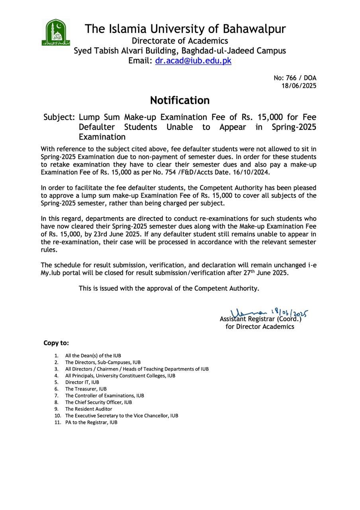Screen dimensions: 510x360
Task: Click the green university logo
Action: [x=56, y=32]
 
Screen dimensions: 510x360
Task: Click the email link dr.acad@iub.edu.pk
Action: [x=193, y=61]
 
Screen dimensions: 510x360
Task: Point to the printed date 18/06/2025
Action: [x=299, y=86]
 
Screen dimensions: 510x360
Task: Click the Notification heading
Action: [x=180, y=100]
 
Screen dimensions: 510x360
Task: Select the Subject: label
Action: [x=59, y=117]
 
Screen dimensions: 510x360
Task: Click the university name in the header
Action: [x=185, y=29]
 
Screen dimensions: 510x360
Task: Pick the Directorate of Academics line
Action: [x=180, y=41]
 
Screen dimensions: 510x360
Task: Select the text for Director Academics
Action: [x=260, y=327]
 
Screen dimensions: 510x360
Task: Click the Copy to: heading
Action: [x=56, y=343]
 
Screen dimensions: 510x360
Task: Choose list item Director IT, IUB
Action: [x=82, y=382]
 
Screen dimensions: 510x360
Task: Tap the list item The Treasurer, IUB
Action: [x=86, y=389]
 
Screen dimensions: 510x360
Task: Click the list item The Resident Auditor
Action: [x=88, y=409]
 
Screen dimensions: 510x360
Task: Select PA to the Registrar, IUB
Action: [x=91, y=422]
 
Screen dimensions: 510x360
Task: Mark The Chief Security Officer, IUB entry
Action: [x=98, y=402]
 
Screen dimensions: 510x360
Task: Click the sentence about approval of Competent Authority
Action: [x=169, y=288]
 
